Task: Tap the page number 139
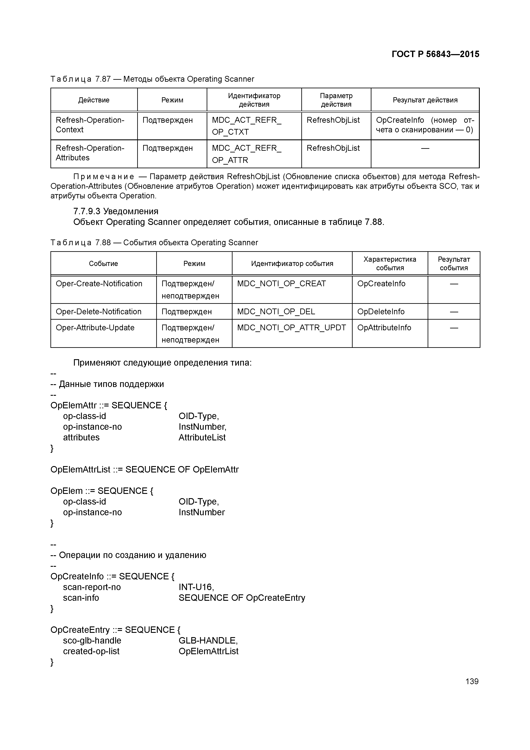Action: pos(472,681)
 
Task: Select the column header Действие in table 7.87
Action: pos(94,100)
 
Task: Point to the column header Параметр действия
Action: pos(336,100)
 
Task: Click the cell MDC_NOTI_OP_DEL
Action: pos(276,312)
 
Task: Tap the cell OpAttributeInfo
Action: pos(384,328)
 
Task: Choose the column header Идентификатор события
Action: pos(292,264)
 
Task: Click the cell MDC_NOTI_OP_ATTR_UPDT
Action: pos(291,328)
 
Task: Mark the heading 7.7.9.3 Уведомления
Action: pos(116,211)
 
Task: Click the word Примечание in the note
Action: pos(103,177)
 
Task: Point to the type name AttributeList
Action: pos(202,437)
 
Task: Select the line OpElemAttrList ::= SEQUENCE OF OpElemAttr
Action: pos(144,469)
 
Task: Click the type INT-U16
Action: pos(196,587)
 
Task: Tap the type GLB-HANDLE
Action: pos(208,641)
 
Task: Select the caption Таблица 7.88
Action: pos(81,243)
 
